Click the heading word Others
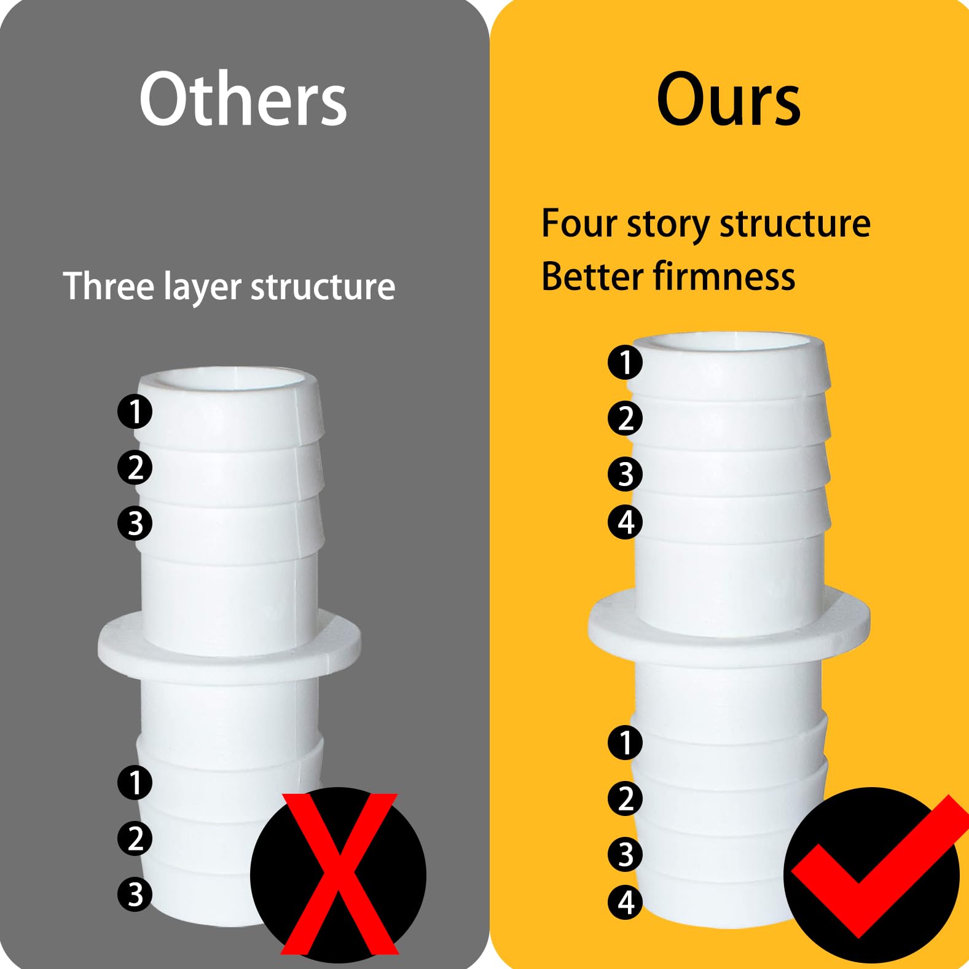point(243,99)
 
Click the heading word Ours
point(729,99)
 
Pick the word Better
point(591,276)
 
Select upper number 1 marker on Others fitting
point(135,412)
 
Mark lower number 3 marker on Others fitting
point(135,895)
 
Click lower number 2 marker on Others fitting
point(135,839)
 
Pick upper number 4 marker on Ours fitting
point(625,522)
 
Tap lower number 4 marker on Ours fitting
point(625,903)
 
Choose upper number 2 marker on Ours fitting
point(625,418)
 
